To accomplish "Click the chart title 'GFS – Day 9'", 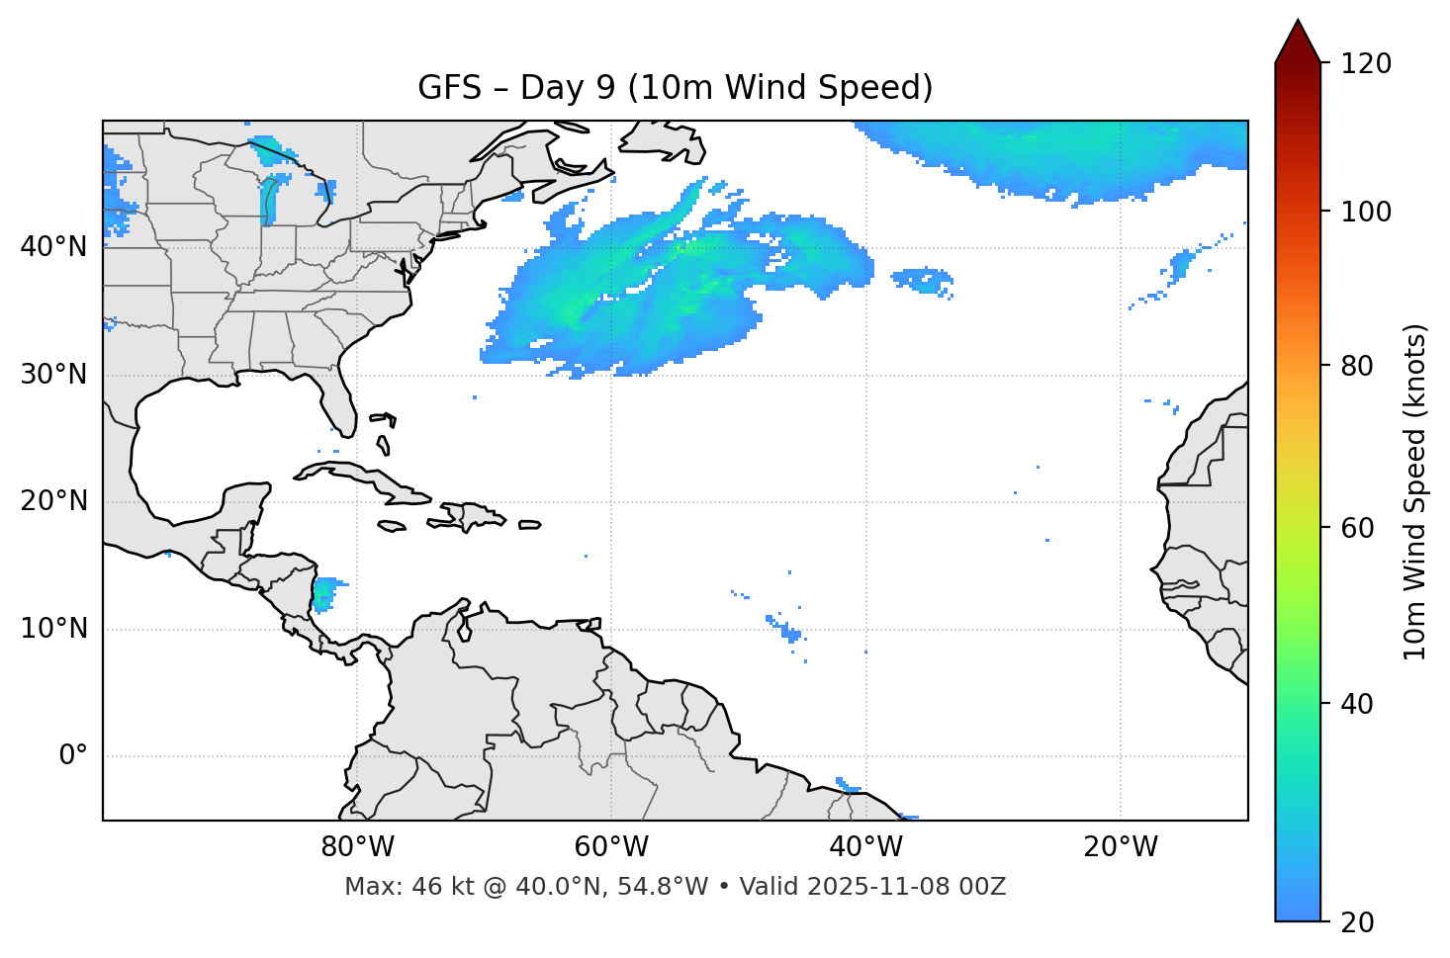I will (675, 88).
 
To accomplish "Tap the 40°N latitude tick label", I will (53, 246).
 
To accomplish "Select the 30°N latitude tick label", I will (53, 375).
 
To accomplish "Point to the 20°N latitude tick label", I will (53, 501).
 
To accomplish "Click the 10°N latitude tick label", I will (53, 629).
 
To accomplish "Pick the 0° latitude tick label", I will (73, 756).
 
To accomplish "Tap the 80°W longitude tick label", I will (357, 847).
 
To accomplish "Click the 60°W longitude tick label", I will (611, 847).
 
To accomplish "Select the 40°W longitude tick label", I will (865, 847).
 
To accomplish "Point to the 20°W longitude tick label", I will (1120, 847).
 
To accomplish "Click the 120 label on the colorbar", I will (1365, 64).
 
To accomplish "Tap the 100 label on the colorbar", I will (1365, 212).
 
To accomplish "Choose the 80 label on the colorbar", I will (1358, 366).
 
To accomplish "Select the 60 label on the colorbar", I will (1358, 528).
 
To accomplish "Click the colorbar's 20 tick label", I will (1358, 922).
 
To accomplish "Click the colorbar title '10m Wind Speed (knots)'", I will (1415, 491).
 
